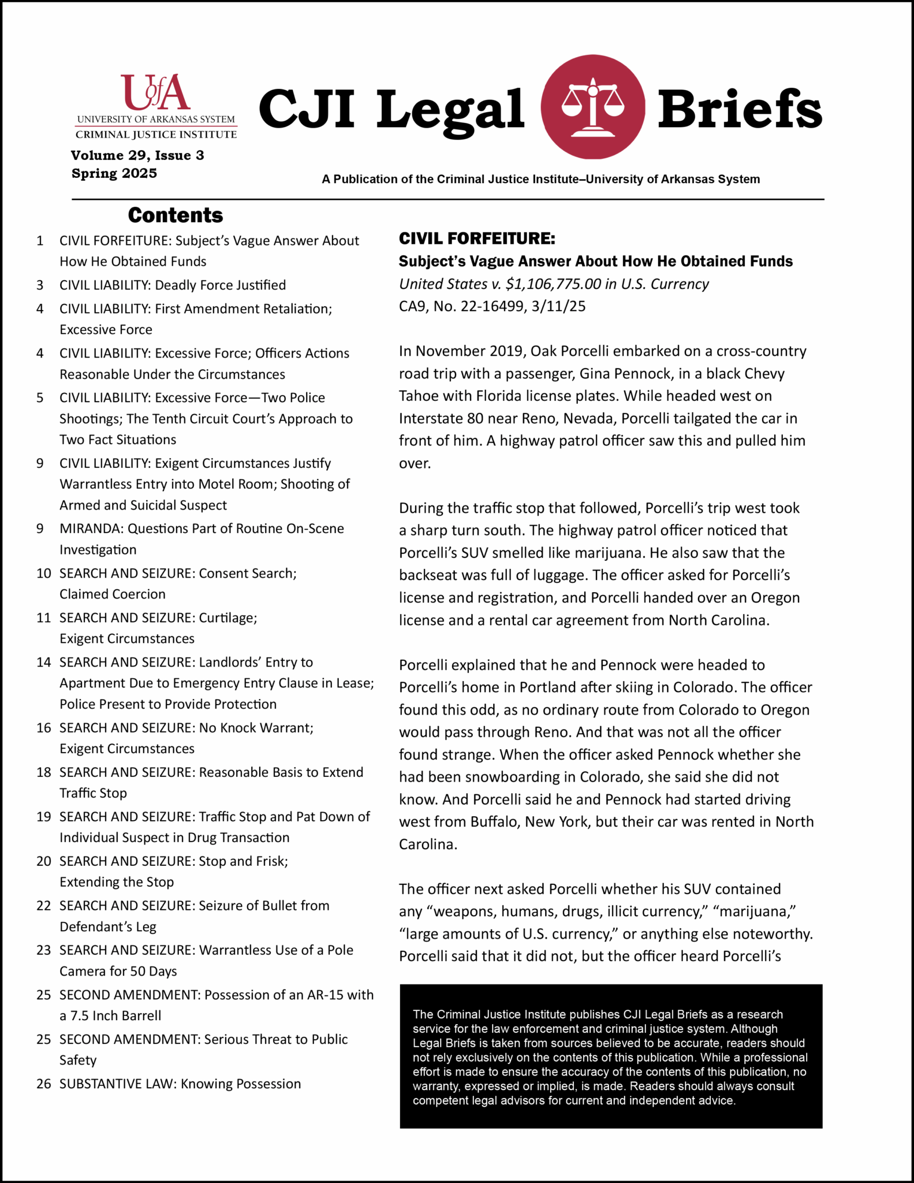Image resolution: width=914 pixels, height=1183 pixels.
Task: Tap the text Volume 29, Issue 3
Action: [x=137, y=155]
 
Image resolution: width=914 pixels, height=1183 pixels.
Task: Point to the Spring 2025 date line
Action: [x=114, y=173]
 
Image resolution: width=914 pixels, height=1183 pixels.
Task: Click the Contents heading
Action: [x=175, y=215]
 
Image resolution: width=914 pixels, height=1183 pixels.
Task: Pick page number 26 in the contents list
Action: [x=44, y=1084]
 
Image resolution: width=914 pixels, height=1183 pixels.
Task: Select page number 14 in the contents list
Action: [x=44, y=662]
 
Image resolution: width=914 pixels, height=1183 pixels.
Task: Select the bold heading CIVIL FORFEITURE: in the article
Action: [x=477, y=239]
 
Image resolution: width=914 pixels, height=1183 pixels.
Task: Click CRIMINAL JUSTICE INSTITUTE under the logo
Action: [x=156, y=135]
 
